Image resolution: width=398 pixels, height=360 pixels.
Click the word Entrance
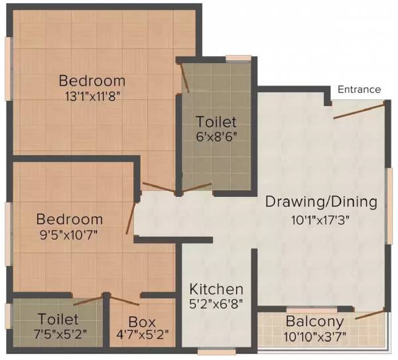pos(359,90)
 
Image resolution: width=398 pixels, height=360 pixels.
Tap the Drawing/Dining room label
pos(321,202)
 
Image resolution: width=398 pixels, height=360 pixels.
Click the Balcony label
pos(315,322)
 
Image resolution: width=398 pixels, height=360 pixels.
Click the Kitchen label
pos(216,290)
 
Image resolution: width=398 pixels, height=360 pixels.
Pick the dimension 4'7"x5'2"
pos(142,335)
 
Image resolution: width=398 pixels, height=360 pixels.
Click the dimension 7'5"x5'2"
pos(58,335)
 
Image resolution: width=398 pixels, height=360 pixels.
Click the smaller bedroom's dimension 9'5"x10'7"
pos(69,234)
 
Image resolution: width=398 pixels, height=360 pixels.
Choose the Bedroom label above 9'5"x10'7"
pos(70,219)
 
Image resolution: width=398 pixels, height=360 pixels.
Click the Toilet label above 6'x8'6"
pos(216,123)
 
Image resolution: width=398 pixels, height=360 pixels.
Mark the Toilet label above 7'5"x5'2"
pos(58,320)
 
